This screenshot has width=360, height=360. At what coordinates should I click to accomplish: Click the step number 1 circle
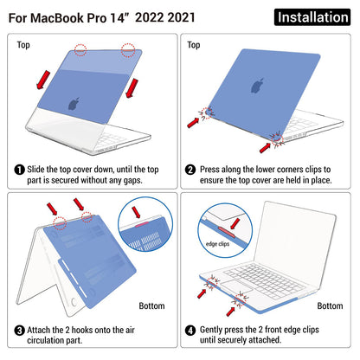[x=19, y=170]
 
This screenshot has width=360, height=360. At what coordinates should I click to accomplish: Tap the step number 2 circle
[x=193, y=170]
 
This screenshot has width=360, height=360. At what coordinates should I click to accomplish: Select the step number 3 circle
[x=19, y=330]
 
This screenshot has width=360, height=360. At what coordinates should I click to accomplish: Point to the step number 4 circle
[x=193, y=330]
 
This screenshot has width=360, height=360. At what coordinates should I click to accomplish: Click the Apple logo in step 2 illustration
[x=257, y=86]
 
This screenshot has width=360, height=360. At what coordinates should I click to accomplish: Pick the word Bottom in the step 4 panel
[x=329, y=305]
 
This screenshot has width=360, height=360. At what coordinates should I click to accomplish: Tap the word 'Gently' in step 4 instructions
[x=220, y=330]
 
